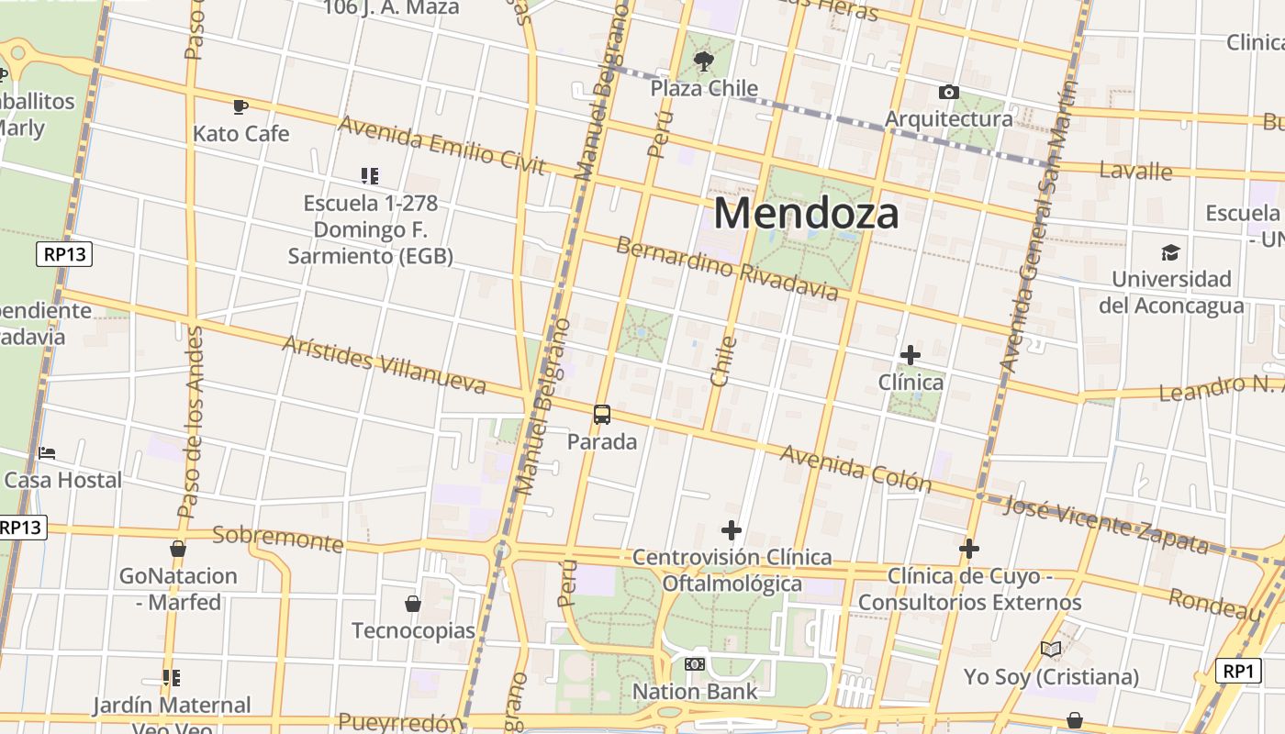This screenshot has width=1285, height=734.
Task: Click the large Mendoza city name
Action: (806, 214)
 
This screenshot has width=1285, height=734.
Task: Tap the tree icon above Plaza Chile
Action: (704, 61)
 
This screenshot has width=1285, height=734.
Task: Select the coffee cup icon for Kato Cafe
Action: (240, 107)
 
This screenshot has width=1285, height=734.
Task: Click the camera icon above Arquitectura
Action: (949, 92)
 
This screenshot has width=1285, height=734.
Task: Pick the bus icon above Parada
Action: (602, 415)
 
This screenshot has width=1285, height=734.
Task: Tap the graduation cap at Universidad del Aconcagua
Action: (1170, 252)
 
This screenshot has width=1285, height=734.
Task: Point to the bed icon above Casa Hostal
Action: (47, 453)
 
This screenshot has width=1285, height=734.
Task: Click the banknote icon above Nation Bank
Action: (695, 664)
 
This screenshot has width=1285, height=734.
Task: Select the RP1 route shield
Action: (1238, 671)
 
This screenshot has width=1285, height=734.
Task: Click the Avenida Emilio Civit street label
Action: (442, 145)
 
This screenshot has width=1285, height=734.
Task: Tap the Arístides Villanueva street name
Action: (384, 364)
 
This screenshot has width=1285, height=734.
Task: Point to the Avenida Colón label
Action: (855, 469)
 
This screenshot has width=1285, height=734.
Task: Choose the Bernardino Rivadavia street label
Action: (727, 269)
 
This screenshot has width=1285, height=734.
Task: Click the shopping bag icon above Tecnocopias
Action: (413, 604)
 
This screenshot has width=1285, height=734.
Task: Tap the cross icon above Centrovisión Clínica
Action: (732, 530)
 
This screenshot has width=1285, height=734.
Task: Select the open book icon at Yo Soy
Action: (1051, 650)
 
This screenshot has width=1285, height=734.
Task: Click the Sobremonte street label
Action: (277, 539)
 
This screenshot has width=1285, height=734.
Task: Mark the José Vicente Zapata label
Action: (1105, 524)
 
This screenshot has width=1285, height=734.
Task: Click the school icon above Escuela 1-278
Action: (370, 175)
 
